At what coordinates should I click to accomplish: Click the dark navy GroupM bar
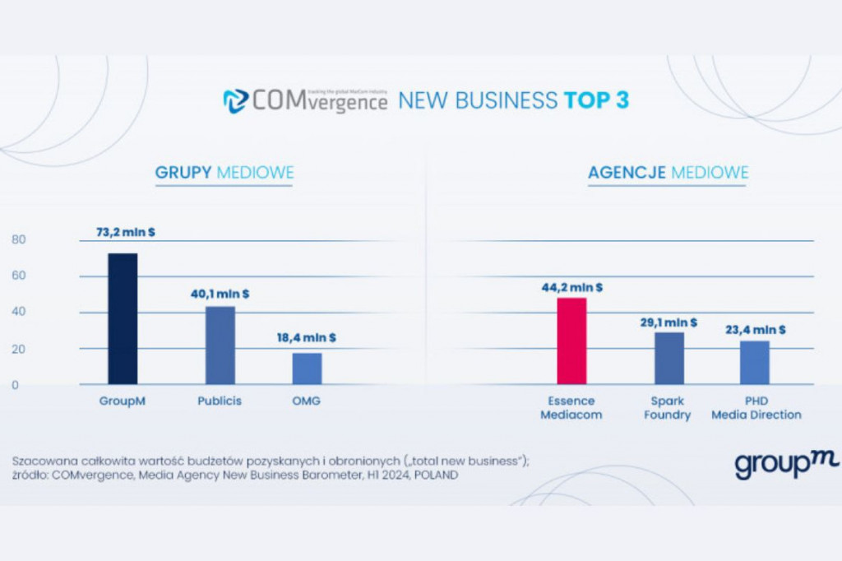pyautogui.click(x=123, y=318)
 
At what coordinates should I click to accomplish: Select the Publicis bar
pyautogui.click(x=220, y=345)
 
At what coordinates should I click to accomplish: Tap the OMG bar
pyautogui.click(x=307, y=368)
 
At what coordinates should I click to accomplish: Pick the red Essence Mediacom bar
pyautogui.click(x=571, y=341)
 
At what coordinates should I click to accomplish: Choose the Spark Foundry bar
pyautogui.click(x=669, y=358)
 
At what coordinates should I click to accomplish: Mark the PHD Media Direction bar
pyautogui.click(x=754, y=362)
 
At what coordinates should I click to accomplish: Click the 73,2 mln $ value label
pyautogui.click(x=126, y=233)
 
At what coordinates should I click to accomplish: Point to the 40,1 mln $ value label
pyautogui.click(x=220, y=293)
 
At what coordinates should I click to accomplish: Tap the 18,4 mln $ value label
pyautogui.click(x=306, y=337)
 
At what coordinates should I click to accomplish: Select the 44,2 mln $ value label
pyautogui.click(x=572, y=287)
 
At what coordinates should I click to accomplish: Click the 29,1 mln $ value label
pyautogui.click(x=669, y=322)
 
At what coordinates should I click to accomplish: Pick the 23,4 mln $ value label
pyautogui.click(x=755, y=330)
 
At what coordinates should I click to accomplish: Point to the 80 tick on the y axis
pyautogui.click(x=19, y=240)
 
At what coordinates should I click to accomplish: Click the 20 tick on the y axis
pyautogui.click(x=19, y=349)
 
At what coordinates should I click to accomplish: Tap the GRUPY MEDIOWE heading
pyautogui.click(x=224, y=173)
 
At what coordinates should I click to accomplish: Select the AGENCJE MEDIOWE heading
pyautogui.click(x=668, y=173)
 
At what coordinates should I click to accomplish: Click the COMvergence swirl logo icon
pyautogui.click(x=235, y=101)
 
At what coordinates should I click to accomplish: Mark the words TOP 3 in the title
pyautogui.click(x=596, y=101)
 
